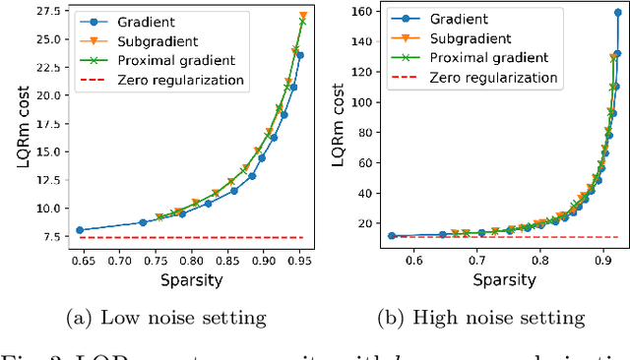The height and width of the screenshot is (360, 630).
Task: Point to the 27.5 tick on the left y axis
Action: click(45, 11)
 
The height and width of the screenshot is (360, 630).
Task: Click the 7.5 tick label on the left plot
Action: click(49, 236)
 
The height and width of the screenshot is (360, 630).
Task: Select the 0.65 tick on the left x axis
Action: click(80, 261)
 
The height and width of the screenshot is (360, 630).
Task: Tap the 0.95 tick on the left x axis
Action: click(299, 261)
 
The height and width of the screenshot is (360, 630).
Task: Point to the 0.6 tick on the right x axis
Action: click(413, 261)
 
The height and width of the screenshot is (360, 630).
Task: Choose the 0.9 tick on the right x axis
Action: click(602, 261)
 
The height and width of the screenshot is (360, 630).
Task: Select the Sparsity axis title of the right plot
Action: click(504, 279)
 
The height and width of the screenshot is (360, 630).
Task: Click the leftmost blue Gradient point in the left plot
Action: click(80, 230)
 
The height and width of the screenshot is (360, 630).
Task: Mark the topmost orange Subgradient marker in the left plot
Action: click(302, 17)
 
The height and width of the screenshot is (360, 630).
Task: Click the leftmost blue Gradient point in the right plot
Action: click(392, 236)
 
